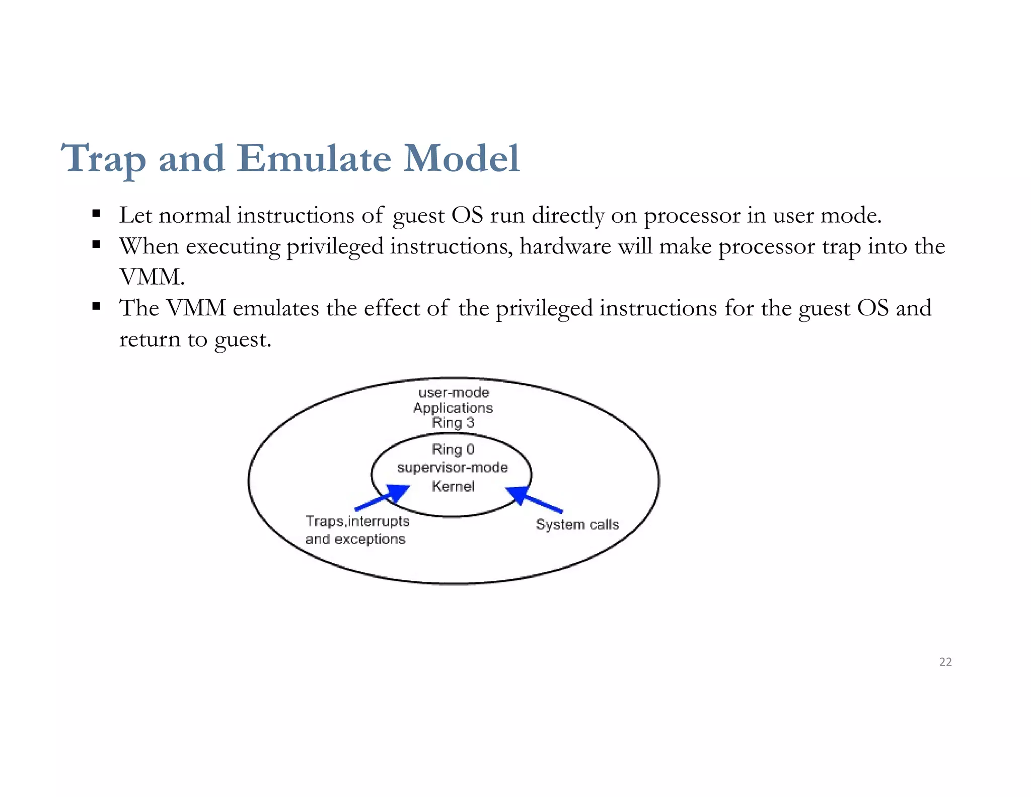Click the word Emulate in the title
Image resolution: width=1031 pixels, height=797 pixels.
[314, 159]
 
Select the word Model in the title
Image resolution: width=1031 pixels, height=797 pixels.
[461, 159]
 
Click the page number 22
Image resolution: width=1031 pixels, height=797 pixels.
[945, 662]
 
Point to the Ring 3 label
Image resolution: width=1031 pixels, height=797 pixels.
[453, 423]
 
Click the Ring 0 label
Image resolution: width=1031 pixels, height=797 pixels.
[453, 449]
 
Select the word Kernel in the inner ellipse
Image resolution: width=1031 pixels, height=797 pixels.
[453, 486]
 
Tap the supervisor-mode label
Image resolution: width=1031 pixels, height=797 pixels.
[452, 468]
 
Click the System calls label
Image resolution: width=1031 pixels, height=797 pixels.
[577, 524]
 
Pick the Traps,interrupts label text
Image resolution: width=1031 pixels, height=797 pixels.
[357, 521]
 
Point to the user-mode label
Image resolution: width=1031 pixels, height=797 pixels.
[454, 392]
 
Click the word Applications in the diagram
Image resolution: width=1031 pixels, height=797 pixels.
[453, 408]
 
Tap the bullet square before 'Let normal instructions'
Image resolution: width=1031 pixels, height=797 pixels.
[97, 214]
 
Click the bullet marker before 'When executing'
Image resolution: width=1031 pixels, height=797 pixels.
[97, 245]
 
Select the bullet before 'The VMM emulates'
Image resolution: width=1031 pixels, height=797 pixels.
[97, 306]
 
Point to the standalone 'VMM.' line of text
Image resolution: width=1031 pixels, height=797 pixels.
[152, 277]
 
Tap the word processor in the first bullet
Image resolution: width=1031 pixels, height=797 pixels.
[692, 216]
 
